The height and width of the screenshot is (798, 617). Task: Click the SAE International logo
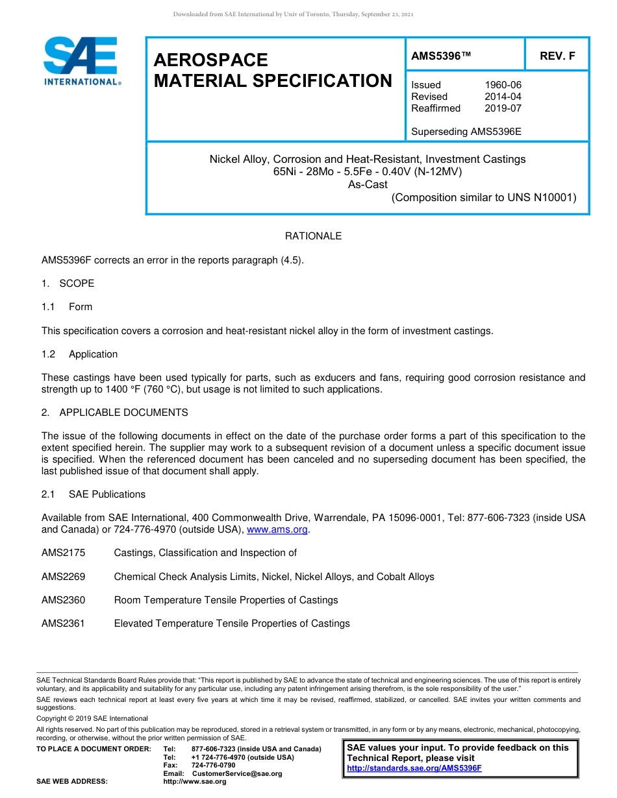(82, 61)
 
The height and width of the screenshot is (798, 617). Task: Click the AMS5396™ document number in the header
(440, 56)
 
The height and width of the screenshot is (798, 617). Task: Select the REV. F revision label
(557, 56)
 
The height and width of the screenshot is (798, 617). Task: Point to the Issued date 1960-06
(503, 85)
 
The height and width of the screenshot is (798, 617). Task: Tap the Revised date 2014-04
(503, 97)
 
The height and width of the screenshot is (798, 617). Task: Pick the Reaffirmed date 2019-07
(503, 108)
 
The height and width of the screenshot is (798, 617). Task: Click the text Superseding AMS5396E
(466, 132)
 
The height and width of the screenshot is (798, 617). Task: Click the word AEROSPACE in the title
(210, 60)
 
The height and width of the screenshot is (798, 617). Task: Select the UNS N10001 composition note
(483, 198)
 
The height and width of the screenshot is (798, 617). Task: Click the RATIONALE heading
(313, 236)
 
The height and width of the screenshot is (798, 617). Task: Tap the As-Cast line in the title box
(368, 185)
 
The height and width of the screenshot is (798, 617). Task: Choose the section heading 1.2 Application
(80, 354)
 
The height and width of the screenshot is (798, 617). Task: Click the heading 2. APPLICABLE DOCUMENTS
(115, 413)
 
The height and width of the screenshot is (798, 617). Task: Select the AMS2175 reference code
(63, 553)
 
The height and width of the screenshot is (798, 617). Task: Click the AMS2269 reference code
(63, 577)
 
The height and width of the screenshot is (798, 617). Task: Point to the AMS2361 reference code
(63, 623)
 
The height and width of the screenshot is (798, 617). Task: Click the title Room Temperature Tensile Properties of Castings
(225, 600)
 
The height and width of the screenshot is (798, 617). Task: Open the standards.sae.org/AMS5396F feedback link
(414, 769)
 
